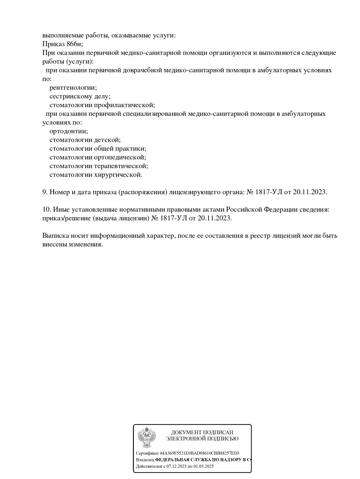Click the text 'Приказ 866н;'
(x=62, y=44)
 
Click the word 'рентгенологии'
(x=73, y=88)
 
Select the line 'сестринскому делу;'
(x=80, y=96)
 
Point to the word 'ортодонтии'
(x=68, y=131)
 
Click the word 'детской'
(x=107, y=140)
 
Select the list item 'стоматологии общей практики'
(x=98, y=149)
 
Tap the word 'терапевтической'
(x=120, y=166)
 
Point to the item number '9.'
(x=45, y=192)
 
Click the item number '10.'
(x=47, y=210)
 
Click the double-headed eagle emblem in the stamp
(x=147, y=437)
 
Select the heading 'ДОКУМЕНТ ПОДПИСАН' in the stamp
(x=202, y=433)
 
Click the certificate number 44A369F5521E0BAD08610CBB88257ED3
(x=199, y=453)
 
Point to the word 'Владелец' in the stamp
(x=145, y=460)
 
